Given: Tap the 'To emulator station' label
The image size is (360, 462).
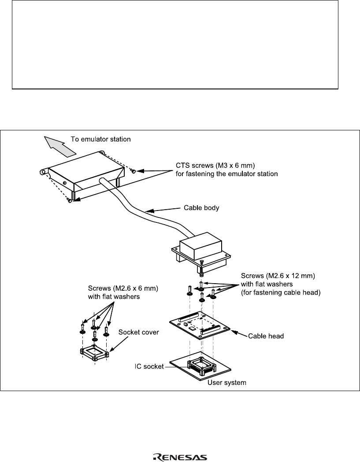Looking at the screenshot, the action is [x=100, y=139].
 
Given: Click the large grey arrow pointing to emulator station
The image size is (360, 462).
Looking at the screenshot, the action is [x=60, y=146].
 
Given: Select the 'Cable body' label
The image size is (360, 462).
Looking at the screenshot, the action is [x=201, y=208].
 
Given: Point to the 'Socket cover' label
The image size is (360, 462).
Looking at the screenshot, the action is [x=138, y=333].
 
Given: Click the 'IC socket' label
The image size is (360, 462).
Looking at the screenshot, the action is [x=149, y=366].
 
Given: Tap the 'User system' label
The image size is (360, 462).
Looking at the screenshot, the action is [x=227, y=383].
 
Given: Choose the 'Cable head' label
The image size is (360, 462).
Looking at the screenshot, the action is [x=266, y=336].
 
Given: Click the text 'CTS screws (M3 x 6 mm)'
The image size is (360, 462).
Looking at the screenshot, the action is [x=215, y=165].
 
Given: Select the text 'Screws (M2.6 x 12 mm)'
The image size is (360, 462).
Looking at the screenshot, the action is [x=278, y=276].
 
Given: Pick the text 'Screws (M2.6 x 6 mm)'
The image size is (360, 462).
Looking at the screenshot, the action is [x=123, y=288].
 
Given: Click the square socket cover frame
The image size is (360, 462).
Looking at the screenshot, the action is [x=94, y=353].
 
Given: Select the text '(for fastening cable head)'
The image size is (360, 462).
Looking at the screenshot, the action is [x=281, y=292].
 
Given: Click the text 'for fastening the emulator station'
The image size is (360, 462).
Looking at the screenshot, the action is [x=227, y=174].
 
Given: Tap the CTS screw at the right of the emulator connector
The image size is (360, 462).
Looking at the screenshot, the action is [x=133, y=171].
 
